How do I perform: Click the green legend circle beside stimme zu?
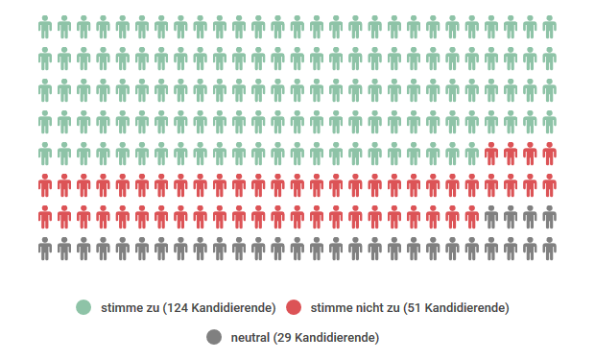[x=84, y=307]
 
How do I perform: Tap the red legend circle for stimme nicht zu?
[x=294, y=307]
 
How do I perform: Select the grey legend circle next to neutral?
[x=214, y=337]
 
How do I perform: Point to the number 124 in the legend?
[x=178, y=307]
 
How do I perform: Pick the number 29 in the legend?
[x=285, y=337]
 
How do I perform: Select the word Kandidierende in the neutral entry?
[x=335, y=337]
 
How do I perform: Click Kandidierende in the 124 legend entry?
[x=231, y=307]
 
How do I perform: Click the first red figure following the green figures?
[x=491, y=155]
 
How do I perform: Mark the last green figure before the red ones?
[x=471, y=155]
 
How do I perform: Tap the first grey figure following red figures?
[x=491, y=218]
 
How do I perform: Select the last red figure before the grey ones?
[x=471, y=218]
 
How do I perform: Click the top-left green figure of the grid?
[x=45, y=28]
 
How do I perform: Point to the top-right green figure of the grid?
[x=549, y=28]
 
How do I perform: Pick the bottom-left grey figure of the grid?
[x=45, y=250]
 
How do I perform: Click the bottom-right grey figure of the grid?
[x=549, y=250]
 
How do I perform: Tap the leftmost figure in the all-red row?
[x=45, y=186]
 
